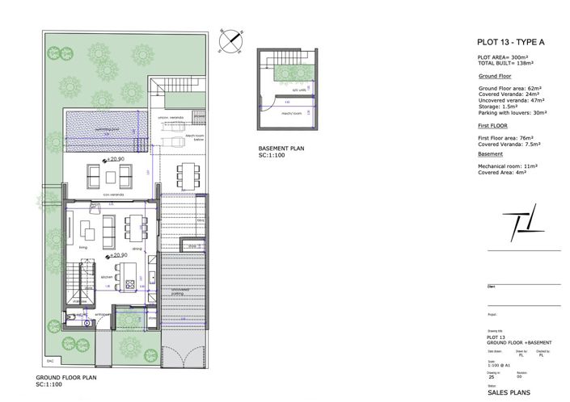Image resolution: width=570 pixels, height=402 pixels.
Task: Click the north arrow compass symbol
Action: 231,40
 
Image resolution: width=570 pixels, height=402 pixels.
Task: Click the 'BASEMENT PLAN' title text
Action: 281,149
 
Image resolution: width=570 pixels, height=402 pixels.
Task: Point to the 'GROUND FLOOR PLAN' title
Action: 67,378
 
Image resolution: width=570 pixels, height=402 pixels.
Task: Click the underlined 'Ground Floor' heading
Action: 493,74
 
